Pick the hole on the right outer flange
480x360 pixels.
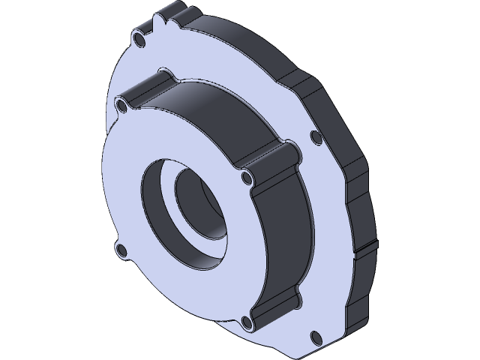pyautogui.click(x=313, y=136)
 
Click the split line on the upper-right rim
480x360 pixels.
pyautogui.click(x=300, y=79)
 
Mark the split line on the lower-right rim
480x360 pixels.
pyautogui.click(x=360, y=247)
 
